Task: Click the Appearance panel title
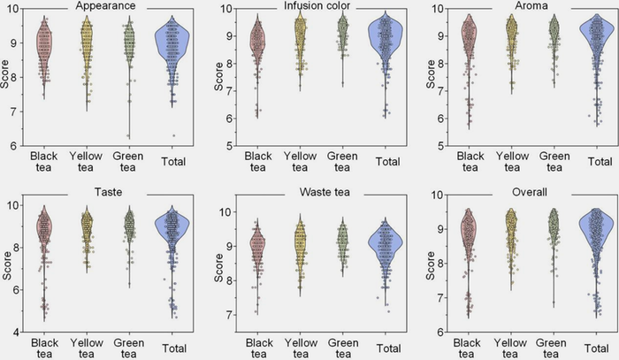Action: tap(105, 6)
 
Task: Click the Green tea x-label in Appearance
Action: tap(130, 163)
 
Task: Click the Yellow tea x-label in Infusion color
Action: tap(300, 163)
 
